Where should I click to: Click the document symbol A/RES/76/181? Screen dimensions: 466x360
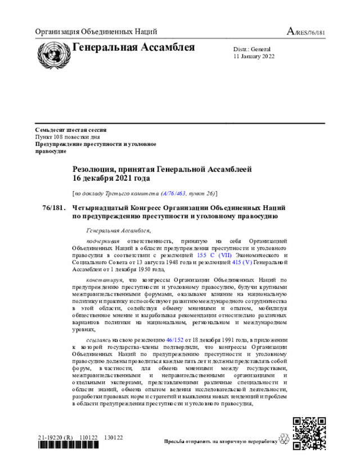pos(306,32)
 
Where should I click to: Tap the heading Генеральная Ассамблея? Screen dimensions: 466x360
pos(133,47)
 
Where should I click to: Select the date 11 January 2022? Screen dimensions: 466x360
pos(255,57)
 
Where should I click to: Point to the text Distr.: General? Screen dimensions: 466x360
pos(252,50)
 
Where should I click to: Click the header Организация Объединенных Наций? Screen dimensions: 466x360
pos(96,32)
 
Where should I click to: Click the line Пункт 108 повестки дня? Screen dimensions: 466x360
pos(67,137)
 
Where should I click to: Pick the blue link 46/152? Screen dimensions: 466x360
pos(175,340)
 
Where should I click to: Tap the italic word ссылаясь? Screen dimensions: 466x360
pos(98,340)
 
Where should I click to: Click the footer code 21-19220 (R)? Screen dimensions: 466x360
pos(56,437)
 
